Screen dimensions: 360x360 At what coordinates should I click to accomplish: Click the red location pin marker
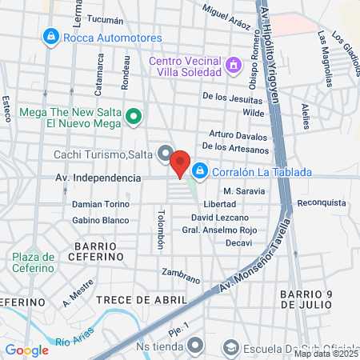point(180,162)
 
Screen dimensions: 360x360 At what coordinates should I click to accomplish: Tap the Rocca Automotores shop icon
point(51,37)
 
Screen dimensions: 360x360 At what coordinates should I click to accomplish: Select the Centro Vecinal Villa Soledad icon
point(234,63)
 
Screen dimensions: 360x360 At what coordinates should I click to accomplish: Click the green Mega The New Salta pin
point(134,117)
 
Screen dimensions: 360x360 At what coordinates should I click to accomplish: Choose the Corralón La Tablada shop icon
point(199,170)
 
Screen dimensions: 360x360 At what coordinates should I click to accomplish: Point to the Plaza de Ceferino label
point(33,262)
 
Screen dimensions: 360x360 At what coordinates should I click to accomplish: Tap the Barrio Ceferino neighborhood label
point(100,252)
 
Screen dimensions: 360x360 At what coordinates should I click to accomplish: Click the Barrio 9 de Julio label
point(316,300)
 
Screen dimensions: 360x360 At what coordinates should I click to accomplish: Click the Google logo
point(26,350)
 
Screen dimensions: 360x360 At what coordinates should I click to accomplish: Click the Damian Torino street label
point(100,204)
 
